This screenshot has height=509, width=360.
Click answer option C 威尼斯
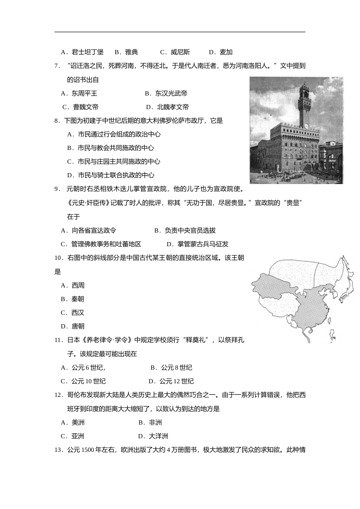175,52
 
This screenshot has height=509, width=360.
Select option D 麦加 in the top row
221,52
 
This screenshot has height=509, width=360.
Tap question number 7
58,66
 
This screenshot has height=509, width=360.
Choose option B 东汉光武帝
166,93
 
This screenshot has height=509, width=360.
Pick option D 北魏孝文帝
167,107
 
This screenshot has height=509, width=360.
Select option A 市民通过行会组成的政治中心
114,134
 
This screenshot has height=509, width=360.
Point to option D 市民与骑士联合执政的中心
111,175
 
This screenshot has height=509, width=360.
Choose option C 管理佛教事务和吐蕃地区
101,244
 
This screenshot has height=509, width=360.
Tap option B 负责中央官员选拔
185,230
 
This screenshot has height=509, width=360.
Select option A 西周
73,285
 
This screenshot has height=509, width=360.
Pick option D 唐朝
73,326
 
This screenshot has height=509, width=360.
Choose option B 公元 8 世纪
171,367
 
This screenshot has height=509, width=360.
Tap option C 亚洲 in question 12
73,436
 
